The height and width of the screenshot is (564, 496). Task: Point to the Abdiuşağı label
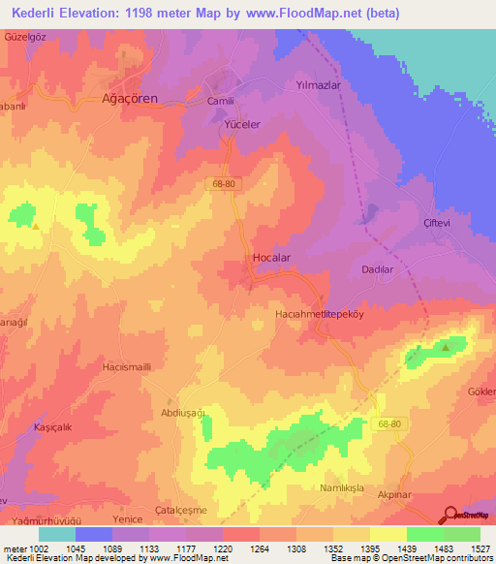(x=185, y=412)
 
